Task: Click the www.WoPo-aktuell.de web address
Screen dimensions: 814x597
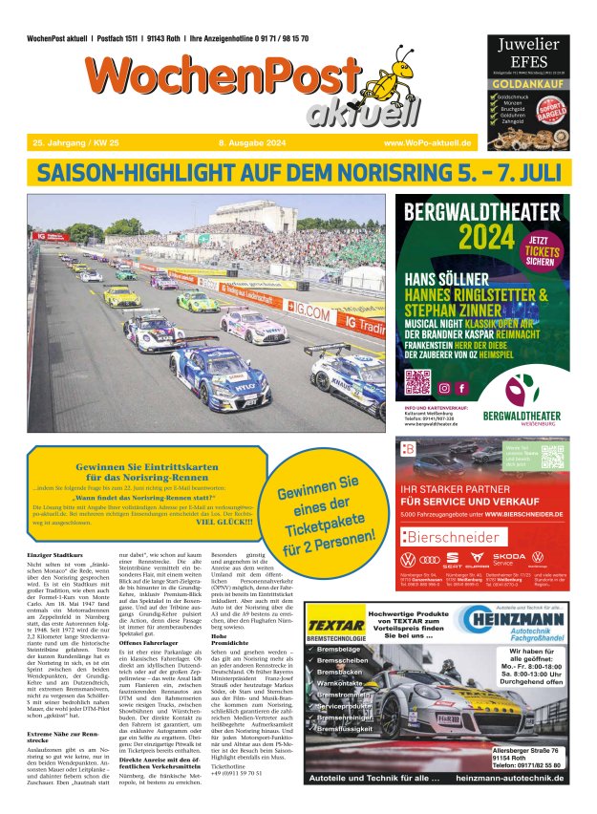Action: (428, 142)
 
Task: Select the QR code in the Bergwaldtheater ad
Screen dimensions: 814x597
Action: (417, 382)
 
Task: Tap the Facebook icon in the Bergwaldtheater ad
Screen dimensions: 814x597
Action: (462, 389)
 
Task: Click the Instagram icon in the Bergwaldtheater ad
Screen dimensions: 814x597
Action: (444, 389)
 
